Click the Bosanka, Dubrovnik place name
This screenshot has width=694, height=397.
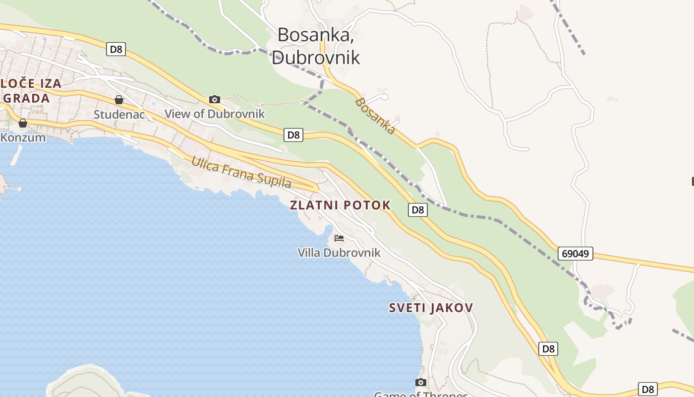pyautogui.click(x=316, y=46)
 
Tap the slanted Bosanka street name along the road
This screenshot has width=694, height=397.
pyautogui.click(x=376, y=116)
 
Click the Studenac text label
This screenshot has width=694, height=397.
pyautogui.click(x=119, y=114)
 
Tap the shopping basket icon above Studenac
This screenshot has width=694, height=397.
pyautogui.click(x=119, y=100)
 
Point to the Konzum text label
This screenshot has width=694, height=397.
pyautogui.click(x=23, y=137)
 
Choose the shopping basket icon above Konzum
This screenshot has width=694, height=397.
pyautogui.click(x=23, y=123)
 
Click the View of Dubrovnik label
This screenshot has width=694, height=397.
pyautogui.click(x=215, y=114)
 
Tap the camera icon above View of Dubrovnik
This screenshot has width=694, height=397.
pyautogui.click(x=215, y=99)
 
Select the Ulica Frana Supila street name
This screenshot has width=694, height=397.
pyautogui.click(x=241, y=172)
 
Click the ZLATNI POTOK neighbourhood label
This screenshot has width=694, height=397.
pyautogui.click(x=341, y=205)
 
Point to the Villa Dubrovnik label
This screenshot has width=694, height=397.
pyautogui.click(x=339, y=253)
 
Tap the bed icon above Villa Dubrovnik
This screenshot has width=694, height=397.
pyautogui.click(x=339, y=238)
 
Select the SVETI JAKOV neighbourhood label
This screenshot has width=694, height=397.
pyautogui.click(x=431, y=308)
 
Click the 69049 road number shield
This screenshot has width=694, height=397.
pyautogui.click(x=576, y=254)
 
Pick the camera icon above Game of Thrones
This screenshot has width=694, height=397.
pyautogui.click(x=421, y=382)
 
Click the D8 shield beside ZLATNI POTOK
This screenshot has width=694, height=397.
pyautogui.click(x=418, y=210)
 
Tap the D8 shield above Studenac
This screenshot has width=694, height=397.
pyautogui.click(x=116, y=49)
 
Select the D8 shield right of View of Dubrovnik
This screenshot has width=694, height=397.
pyautogui.click(x=293, y=134)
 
